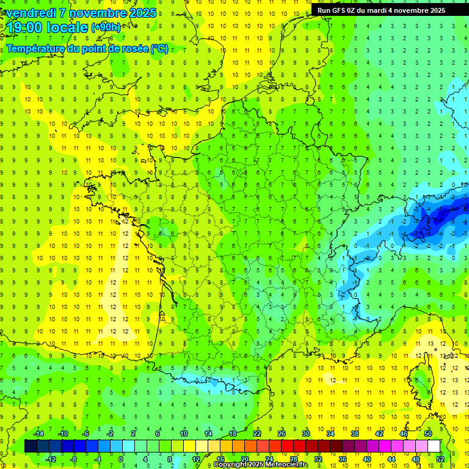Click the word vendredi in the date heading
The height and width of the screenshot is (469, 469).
[30, 13]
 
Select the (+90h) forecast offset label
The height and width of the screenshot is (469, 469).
[105, 27]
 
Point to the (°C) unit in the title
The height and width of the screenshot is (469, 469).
[159, 49]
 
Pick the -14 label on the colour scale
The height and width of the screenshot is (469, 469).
[38, 434]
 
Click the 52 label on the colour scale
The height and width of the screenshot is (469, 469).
[440, 459]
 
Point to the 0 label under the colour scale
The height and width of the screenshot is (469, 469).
[122, 459]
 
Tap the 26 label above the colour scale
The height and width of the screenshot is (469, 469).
[281, 434]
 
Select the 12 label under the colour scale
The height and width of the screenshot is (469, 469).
[195, 459]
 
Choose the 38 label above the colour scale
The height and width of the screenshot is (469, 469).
[354, 434]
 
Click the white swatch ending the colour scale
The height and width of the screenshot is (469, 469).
[434, 446]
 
